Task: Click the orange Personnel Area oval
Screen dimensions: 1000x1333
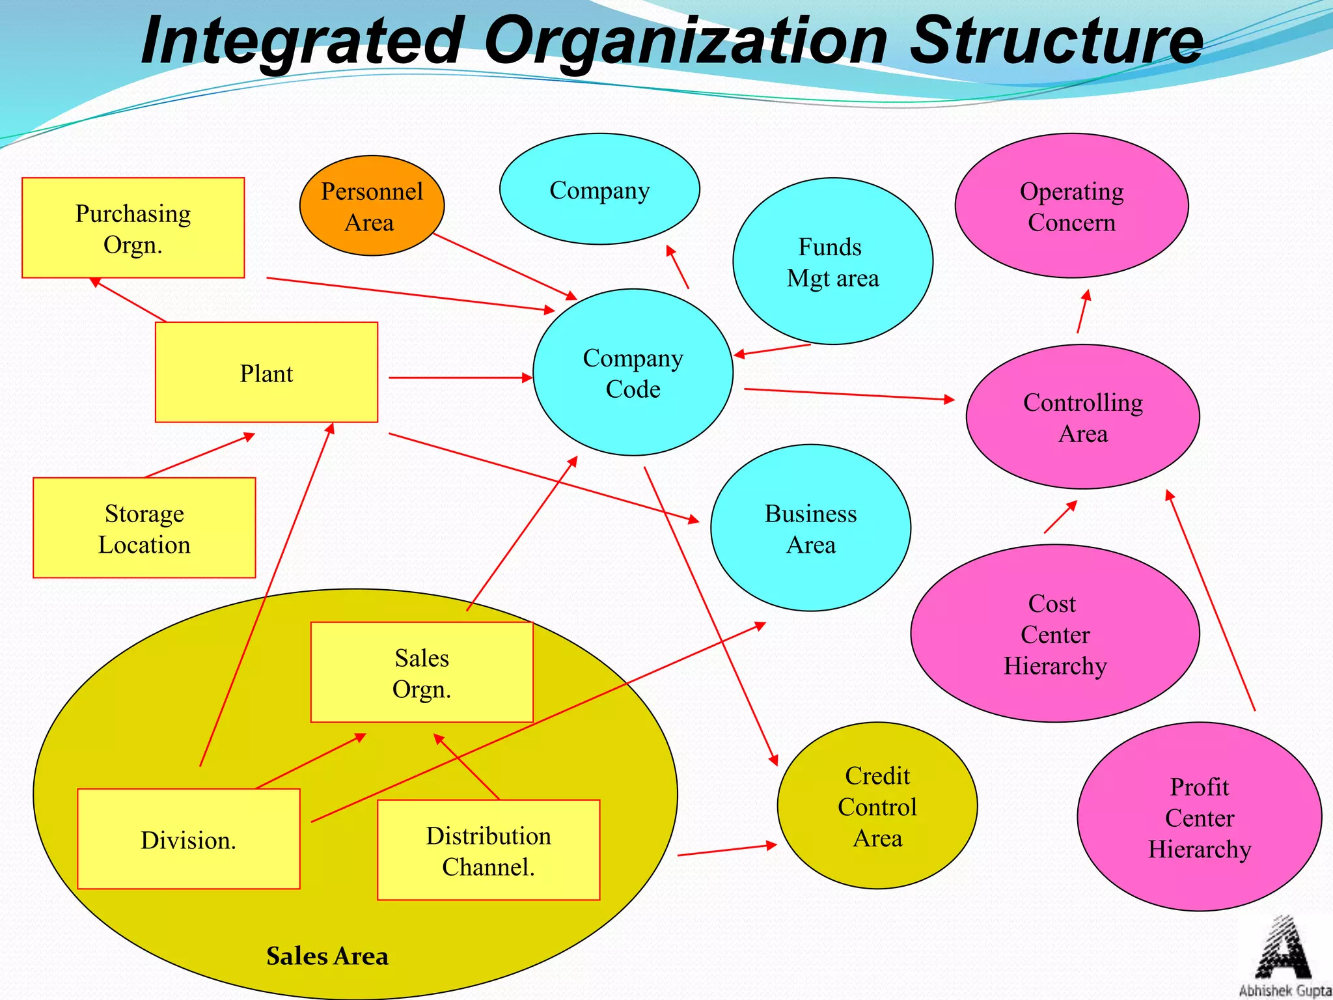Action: (x=372, y=206)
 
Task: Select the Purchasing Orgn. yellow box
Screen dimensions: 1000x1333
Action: (x=133, y=228)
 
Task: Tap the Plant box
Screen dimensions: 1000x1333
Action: (x=266, y=372)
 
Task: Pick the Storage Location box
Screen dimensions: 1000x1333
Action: (x=144, y=528)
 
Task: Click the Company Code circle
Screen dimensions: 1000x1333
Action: (x=633, y=372)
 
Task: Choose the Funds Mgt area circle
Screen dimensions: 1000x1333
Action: (x=832, y=261)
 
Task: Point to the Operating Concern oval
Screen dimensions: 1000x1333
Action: (x=1071, y=206)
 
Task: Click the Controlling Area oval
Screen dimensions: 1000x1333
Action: (x=1082, y=417)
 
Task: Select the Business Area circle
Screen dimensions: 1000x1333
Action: (x=810, y=528)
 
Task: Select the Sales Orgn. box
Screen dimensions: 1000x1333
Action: (x=422, y=673)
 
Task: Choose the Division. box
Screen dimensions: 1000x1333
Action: (x=188, y=839)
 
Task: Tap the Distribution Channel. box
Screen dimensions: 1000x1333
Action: (x=488, y=850)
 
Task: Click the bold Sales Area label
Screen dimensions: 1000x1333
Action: (x=327, y=956)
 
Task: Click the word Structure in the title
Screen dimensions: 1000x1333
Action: (x=1054, y=40)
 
